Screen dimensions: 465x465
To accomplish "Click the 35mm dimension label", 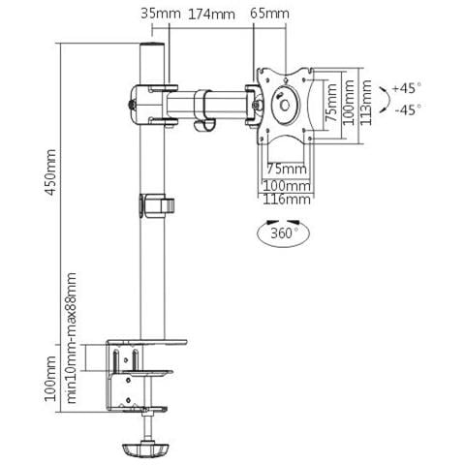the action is [161, 14].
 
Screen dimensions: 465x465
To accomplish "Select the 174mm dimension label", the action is [211, 15].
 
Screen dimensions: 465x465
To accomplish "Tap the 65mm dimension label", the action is [269, 14].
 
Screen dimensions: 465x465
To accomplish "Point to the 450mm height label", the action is [50, 172].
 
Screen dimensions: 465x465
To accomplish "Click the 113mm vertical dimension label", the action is [366, 103].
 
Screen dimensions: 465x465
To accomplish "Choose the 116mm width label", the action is [287, 200].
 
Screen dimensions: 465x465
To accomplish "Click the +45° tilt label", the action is [407, 88].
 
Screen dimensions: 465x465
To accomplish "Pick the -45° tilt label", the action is [408, 110].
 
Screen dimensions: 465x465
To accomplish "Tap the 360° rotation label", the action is [285, 233].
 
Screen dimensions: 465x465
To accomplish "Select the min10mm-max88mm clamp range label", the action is [72, 338].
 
